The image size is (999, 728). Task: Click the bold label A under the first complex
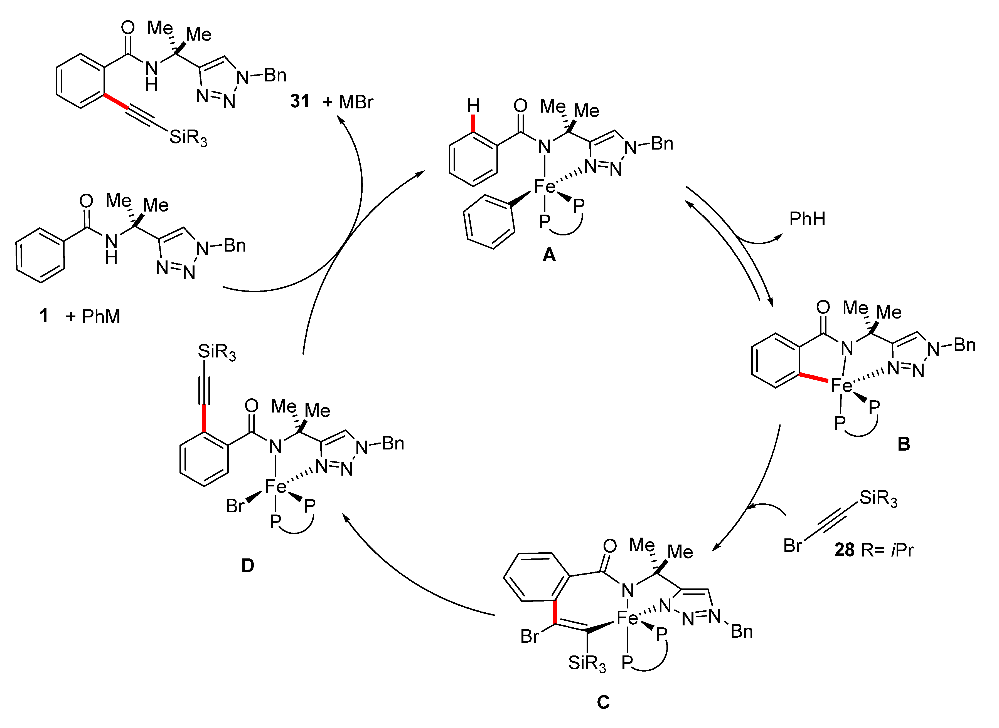(549, 254)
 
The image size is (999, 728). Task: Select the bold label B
(904, 444)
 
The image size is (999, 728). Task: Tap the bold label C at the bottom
(603, 702)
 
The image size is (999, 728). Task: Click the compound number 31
(299, 101)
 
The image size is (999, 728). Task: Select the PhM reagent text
(101, 316)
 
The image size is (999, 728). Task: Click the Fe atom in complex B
(841, 386)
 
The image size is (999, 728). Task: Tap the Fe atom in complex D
(276, 486)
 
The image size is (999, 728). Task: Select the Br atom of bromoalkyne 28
(792, 546)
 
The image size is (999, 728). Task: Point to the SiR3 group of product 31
(188, 138)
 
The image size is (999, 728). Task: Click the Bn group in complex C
(741, 632)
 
